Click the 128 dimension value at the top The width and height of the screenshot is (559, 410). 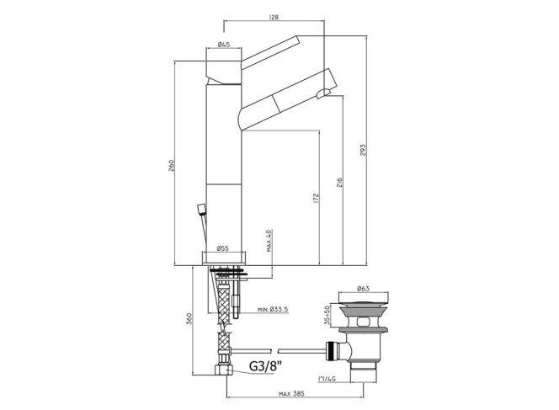(274, 17)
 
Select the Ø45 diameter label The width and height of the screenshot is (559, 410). (224, 45)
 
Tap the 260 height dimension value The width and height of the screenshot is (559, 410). (171, 165)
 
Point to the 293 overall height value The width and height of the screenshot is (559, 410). (363, 152)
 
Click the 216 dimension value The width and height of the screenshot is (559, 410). (340, 182)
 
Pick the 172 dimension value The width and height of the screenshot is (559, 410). (316, 198)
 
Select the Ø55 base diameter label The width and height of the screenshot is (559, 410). (222, 248)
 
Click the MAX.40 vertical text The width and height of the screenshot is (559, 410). (269, 241)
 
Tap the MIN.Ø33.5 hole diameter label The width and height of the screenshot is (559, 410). (273, 310)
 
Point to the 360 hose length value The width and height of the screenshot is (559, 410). (189, 318)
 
